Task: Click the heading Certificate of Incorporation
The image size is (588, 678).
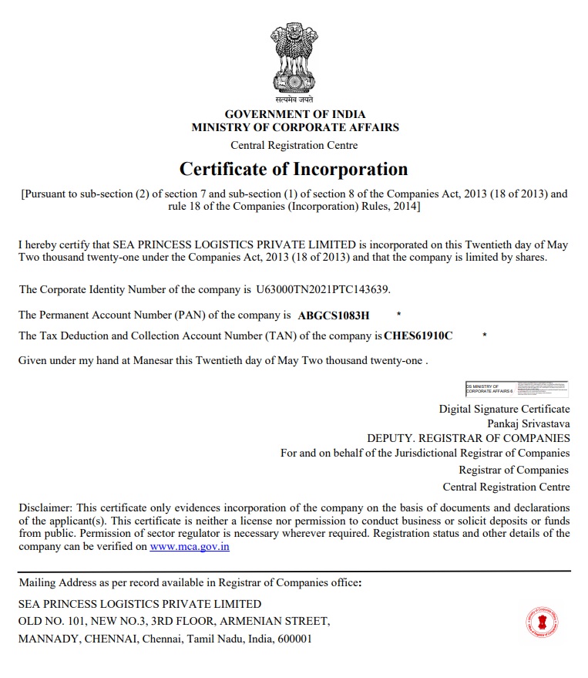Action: pos(294,169)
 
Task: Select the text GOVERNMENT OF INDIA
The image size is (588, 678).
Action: pos(295,115)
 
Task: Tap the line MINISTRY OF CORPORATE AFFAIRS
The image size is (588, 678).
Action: pos(295,127)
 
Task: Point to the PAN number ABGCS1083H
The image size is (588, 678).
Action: pos(334,315)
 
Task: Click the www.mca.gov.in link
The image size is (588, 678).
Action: pos(190,547)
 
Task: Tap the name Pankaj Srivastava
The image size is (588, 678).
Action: pos(528,423)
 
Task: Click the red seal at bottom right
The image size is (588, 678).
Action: pos(542,621)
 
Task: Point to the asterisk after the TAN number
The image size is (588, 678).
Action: pos(484,336)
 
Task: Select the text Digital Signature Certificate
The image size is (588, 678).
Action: pos(504,409)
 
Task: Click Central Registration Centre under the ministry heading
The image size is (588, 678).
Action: pos(294,145)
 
